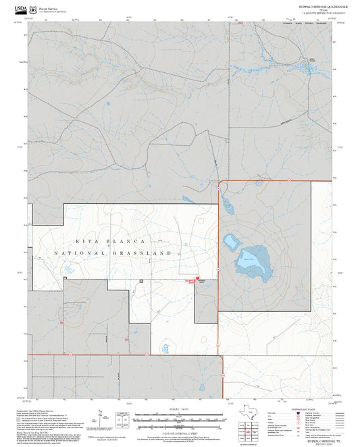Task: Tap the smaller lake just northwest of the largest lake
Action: tap(232, 241)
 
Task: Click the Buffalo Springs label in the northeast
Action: tap(312, 60)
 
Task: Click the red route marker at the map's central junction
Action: tap(197, 278)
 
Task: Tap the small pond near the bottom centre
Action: tap(165, 349)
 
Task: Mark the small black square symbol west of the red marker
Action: tap(141, 280)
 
